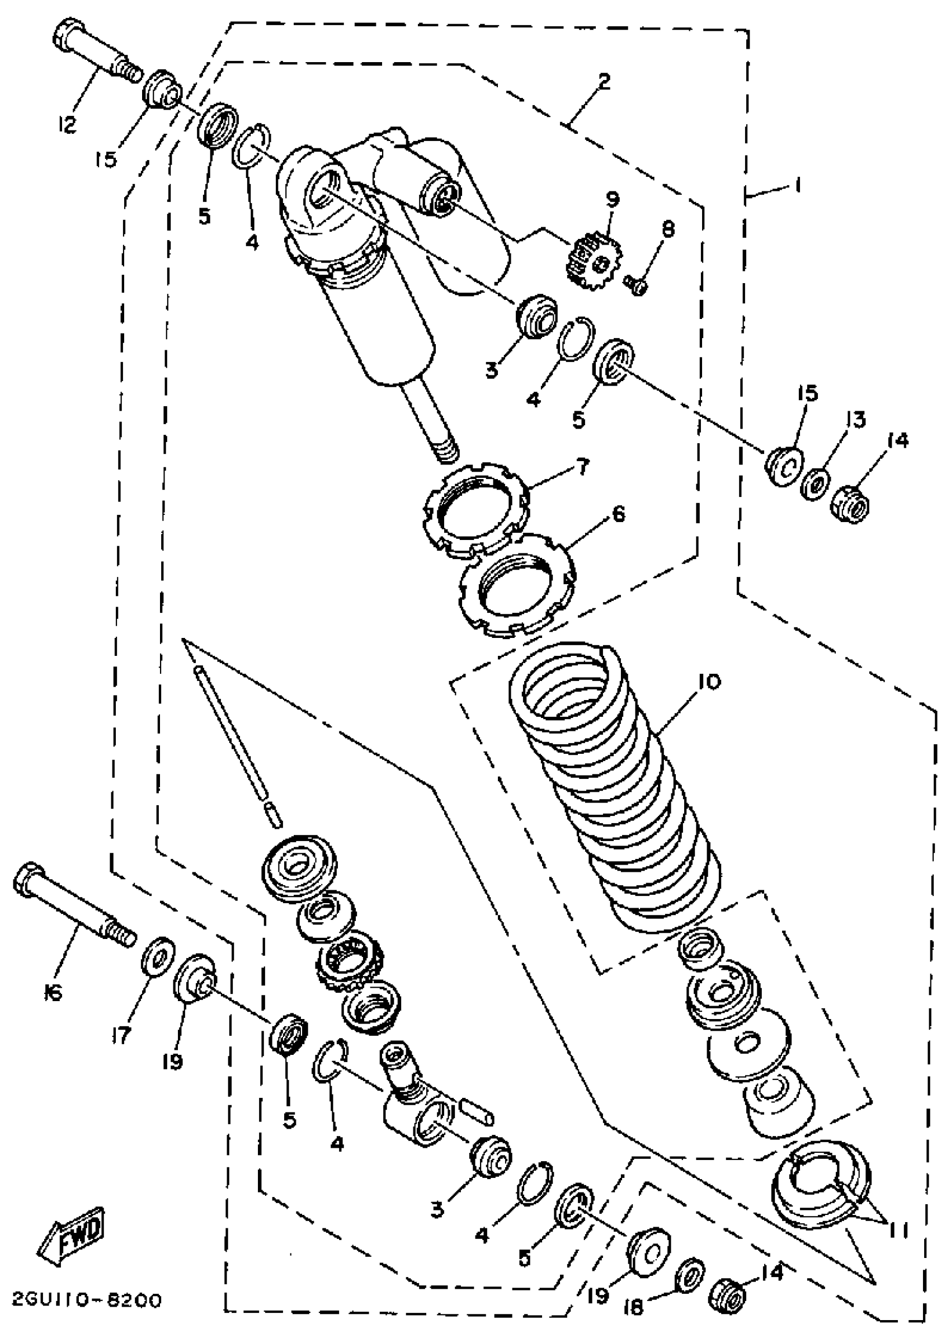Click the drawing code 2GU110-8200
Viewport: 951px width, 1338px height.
pyautogui.click(x=86, y=1301)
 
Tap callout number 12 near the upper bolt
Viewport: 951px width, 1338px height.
pyautogui.click(x=68, y=124)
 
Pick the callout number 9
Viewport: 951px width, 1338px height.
pyautogui.click(x=613, y=199)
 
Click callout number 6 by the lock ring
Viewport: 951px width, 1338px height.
pyautogui.click(x=617, y=514)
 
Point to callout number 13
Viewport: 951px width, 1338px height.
pyautogui.click(x=855, y=420)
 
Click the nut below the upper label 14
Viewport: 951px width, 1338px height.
pyautogui.click(x=850, y=503)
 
